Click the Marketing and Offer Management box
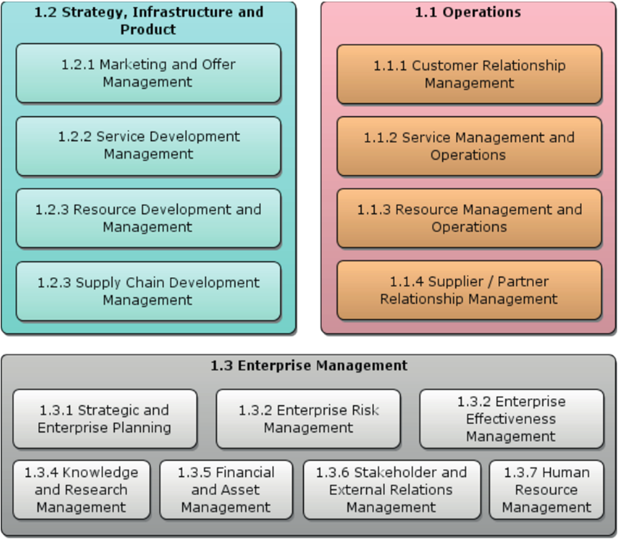tap(148, 73)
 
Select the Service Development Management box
tap(148, 146)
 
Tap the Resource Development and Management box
tap(148, 218)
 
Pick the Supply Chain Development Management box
tap(148, 291)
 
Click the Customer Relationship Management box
tap(469, 75)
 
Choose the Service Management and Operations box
tap(469, 146)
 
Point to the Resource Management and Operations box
tap(469, 218)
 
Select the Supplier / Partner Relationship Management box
tap(469, 290)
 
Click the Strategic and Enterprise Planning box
tap(105, 419)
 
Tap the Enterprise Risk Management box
tap(308, 419)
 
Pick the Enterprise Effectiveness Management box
tap(511, 419)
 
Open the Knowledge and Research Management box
tap(82, 490)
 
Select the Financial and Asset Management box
tap(226, 490)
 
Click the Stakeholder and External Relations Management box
tap(391, 490)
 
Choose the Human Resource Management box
tap(546, 490)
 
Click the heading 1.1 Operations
tap(468, 12)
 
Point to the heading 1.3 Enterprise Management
tap(309, 366)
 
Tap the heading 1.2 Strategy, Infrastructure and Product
tap(148, 21)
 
